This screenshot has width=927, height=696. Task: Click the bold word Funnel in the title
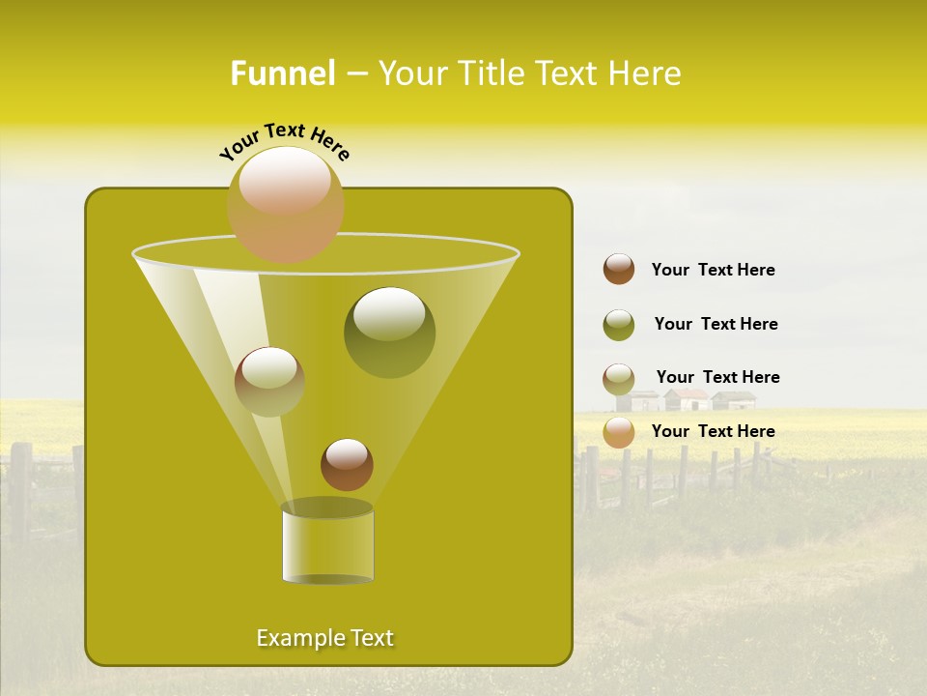click(x=282, y=73)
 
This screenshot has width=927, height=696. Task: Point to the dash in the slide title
click(x=355, y=74)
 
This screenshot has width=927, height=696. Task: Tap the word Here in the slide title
click(x=643, y=73)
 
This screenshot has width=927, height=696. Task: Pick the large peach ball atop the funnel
click(x=285, y=204)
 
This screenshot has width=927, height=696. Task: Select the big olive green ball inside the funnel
click(x=389, y=332)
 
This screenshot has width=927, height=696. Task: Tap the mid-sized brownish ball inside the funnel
click(x=269, y=381)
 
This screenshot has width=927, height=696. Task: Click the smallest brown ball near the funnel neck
click(x=347, y=464)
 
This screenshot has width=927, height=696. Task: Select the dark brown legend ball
click(x=619, y=270)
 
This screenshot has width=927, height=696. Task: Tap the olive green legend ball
click(x=619, y=325)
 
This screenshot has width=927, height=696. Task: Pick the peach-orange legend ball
click(x=619, y=432)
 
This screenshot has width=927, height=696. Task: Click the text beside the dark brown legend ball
click(x=713, y=271)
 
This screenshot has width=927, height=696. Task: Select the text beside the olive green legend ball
click(x=716, y=325)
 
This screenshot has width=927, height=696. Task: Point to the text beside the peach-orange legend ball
click(x=713, y=431)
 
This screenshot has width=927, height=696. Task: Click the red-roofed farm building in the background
click(x=688, y=399)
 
